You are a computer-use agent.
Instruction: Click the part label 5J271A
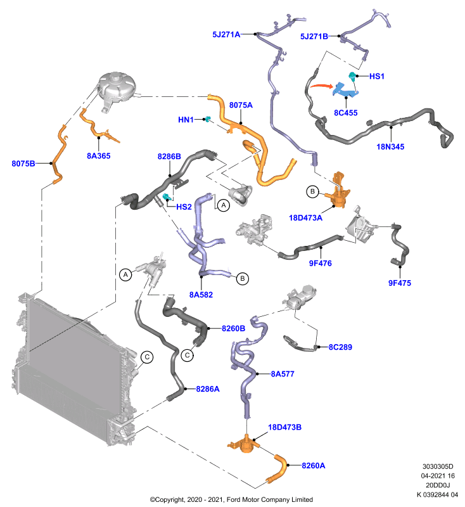(x=226, y=34)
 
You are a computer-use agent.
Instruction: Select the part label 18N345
(x=390, y=147)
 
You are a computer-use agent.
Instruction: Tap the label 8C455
(x=346, y=113)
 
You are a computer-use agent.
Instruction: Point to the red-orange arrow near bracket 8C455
(x=321, y=86)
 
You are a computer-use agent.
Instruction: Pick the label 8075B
(x=23, y=164)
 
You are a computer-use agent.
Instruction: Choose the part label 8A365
(x=99, y=156)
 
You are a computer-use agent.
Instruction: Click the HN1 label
(x=186, y=120)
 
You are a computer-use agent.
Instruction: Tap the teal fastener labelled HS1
(x=352, y=76)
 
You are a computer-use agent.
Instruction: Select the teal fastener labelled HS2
(x=167, y=196)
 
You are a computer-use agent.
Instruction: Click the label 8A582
(x=201, y=295)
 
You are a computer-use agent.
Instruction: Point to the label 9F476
(x=320, y=263)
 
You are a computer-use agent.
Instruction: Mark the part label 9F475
(x=400, y=283)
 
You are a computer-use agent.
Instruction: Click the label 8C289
(x=340, y=347)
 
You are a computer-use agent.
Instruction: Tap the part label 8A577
(x=283, y=374)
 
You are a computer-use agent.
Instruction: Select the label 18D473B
(x=284, y=427)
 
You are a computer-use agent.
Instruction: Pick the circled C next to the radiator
(x=147, y=357)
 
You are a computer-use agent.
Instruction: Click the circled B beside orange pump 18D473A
(x=312, y=191)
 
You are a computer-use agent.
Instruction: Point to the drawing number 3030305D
(x=438, y=466)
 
